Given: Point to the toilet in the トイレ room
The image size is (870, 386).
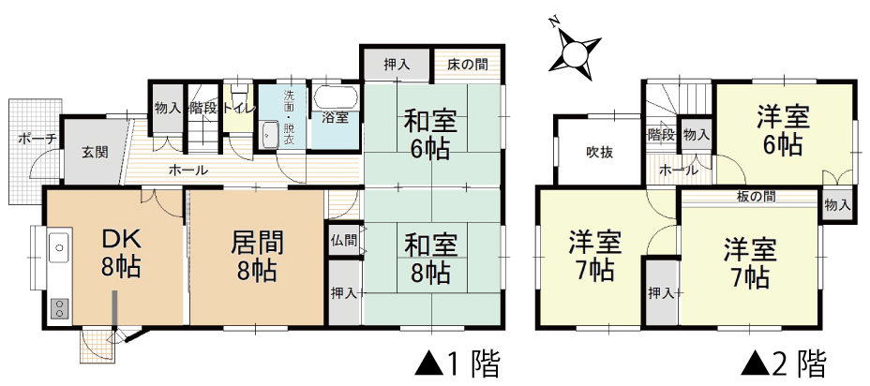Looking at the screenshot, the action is click(x=238, y=91).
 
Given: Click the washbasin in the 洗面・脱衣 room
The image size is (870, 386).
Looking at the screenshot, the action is click(x=270, y=134).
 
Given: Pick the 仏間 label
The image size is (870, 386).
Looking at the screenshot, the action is click(x=344, y=241).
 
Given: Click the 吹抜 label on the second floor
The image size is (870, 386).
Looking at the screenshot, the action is click(x=600, y=153).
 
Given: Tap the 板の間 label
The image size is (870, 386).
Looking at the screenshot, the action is click(x=757, y=196).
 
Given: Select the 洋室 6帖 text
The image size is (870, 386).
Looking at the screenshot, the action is click(x=783, y=131).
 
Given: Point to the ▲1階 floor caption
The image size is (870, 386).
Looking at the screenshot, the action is click(x=457, y=364).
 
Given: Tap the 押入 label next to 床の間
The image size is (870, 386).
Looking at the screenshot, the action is click(x=397, y=65).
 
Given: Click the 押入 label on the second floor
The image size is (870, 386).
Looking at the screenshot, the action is click(x=661, y=293).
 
